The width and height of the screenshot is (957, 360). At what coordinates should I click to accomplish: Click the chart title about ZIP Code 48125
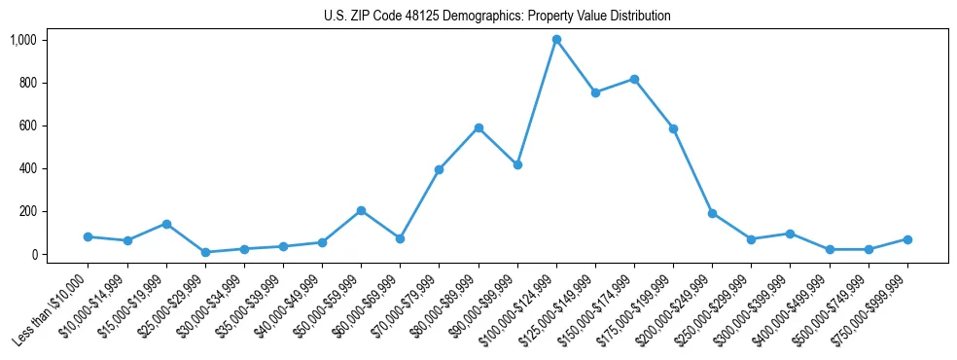(x=497, y=16)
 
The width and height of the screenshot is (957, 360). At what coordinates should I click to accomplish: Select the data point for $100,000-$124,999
(x=556, y=40)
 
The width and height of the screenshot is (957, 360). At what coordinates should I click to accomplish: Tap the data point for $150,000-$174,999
(x=634, y=79)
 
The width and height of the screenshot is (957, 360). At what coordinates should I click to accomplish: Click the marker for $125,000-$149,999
(x=595, y=92)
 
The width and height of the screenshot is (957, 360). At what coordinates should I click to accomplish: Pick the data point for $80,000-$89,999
(x=478, y=127)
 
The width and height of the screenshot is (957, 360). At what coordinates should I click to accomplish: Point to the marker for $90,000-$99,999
(x=517, y=164)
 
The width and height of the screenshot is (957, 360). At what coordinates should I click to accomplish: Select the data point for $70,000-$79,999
(x=439, y=169)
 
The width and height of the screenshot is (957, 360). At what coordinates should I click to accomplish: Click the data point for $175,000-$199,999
(x=673, y=128)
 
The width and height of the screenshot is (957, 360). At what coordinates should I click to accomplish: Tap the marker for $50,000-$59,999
(x=361, y=210)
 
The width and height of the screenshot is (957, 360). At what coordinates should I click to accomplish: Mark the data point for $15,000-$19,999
(x=166, y=224)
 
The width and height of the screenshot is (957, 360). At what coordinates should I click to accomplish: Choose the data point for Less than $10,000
(x=88, y=236)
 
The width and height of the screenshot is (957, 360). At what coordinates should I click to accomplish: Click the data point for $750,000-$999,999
(x=907, y=239)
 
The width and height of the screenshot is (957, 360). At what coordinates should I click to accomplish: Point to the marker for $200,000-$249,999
(x=712, y=213)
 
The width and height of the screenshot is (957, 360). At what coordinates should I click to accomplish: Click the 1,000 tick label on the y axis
(x=23, y=40)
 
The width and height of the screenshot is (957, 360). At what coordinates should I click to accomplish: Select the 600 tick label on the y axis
(x=27, y=126)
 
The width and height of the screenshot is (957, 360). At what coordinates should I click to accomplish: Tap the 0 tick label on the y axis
(x=33, y=254)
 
